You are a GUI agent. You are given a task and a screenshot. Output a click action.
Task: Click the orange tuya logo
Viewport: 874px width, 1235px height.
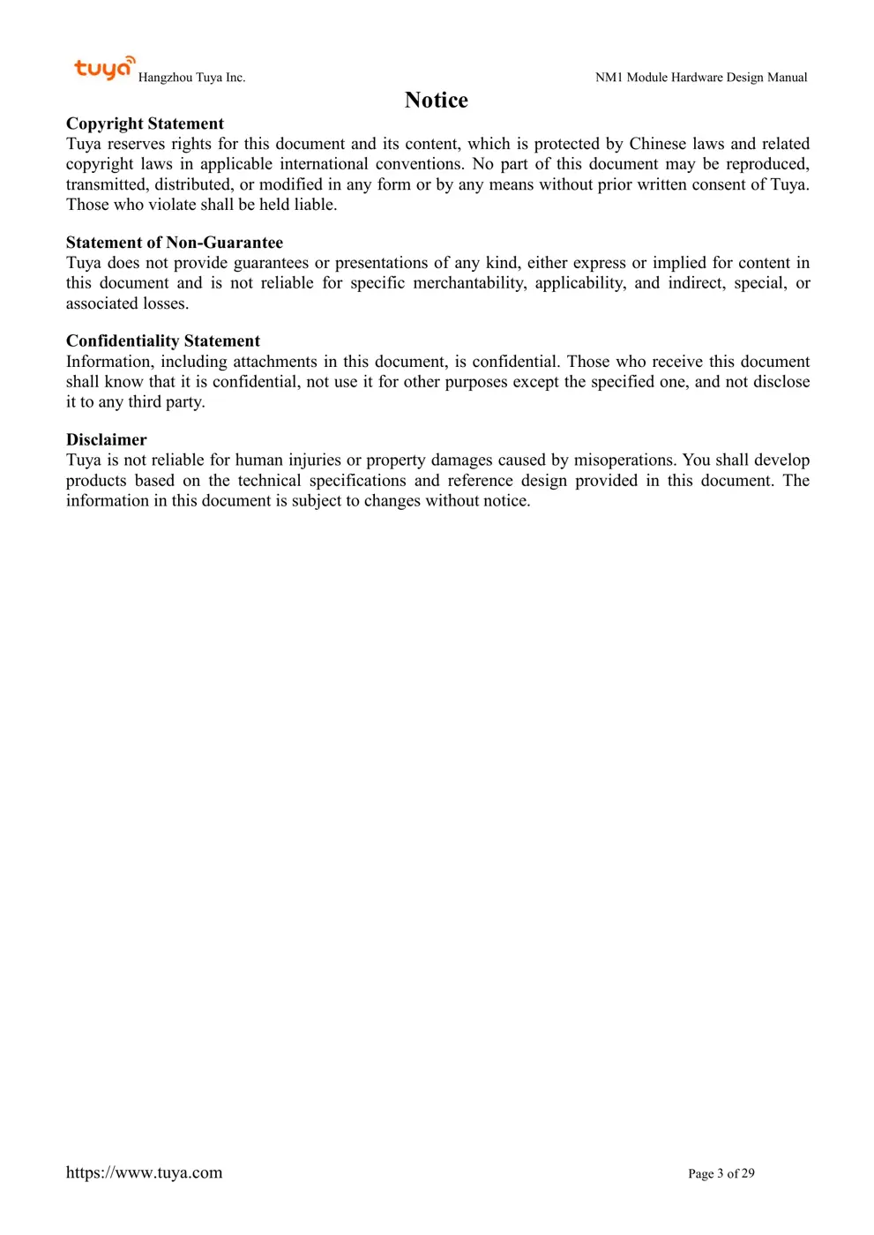104,68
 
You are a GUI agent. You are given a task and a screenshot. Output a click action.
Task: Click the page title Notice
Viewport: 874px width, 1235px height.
436,101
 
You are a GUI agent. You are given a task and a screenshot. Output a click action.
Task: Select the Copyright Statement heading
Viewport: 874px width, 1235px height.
145,123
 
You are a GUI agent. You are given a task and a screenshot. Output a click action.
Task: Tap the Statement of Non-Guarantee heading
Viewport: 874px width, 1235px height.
175,243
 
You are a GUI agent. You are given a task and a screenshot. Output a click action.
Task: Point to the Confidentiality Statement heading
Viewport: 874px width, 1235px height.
163,341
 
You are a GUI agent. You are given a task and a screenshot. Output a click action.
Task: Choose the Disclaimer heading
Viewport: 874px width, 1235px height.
107,440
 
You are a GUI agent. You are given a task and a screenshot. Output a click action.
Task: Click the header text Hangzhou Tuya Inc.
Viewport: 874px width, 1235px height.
191,78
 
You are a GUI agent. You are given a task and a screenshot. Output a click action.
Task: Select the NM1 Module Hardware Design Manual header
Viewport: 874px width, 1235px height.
701,78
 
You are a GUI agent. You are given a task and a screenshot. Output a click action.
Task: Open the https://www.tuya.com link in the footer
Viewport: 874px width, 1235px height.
144,1172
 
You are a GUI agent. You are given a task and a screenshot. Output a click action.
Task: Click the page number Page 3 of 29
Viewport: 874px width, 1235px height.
721,1173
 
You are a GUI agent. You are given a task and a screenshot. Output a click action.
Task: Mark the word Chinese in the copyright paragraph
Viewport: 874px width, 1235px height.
657,144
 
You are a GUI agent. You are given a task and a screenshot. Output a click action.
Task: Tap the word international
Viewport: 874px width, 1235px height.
324,164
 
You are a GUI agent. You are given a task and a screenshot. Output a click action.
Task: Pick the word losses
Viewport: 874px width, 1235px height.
165,303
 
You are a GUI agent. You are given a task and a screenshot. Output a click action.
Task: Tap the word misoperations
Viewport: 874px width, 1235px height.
624,460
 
